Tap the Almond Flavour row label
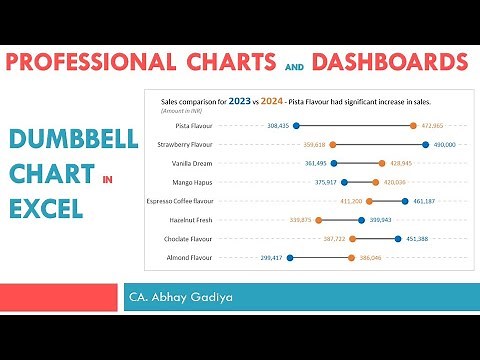(191, 257)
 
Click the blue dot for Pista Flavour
(296, 126)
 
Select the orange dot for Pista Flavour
(413, 126)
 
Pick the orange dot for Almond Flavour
(352, 257)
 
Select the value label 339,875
(299, 220)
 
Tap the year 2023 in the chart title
(240, 101)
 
